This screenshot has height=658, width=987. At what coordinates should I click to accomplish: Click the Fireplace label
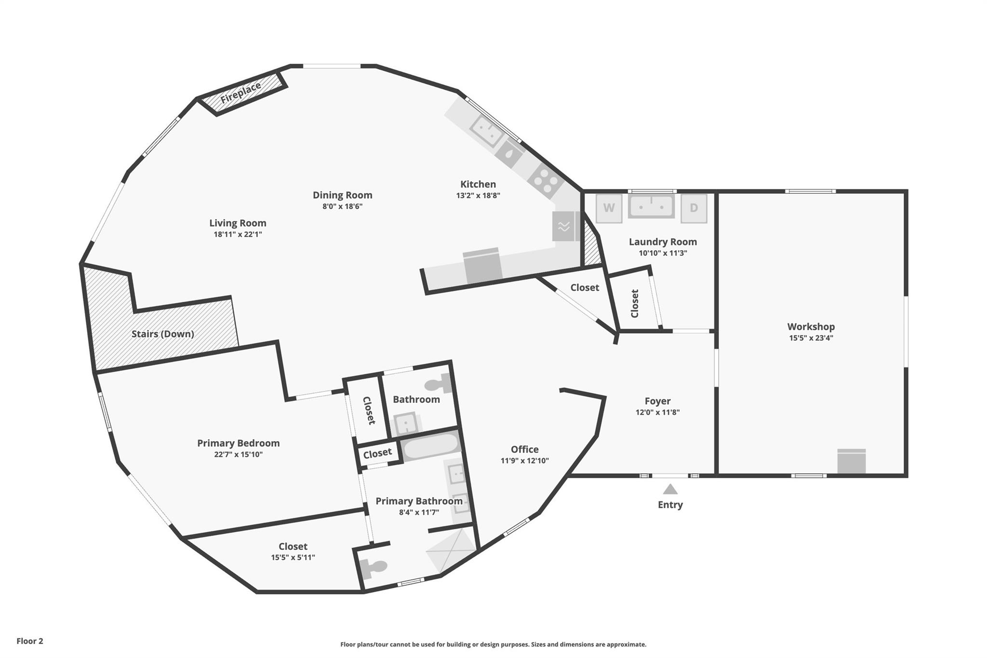tap(240, 93)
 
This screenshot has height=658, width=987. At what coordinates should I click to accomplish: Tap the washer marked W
tap(609, 208)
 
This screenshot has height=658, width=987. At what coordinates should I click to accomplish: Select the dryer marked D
tap(694, 208)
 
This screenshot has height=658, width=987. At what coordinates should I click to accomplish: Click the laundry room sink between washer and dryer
tap(651, 207)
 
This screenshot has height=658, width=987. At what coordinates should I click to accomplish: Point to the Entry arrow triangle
tap(670, 490)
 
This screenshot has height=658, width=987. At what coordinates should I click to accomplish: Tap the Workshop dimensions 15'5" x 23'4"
tap(811, 338)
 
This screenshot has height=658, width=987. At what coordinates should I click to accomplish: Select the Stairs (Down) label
tap(163, 334)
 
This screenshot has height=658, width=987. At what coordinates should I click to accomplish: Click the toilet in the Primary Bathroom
tap(374, 568)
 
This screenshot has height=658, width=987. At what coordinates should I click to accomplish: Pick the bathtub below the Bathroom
tap(430, 447)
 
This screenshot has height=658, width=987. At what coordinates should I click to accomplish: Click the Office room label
tap(524, 449)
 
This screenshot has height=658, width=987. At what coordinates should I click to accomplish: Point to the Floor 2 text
tap(30, 641)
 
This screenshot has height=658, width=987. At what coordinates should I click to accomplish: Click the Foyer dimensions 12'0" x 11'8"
tap(657, 412)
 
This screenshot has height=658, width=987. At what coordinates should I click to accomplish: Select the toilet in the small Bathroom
tap(438, 384)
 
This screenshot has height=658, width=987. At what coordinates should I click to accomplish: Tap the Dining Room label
tap(342, 195)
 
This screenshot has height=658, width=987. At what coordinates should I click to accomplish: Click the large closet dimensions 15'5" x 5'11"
tap(293, 557)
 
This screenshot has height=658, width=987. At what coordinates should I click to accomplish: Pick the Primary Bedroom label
tap(238, 443)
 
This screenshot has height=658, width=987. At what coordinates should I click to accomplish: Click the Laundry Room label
tap(663, 242)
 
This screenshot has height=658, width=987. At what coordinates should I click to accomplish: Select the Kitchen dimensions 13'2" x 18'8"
tap(478, 195)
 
